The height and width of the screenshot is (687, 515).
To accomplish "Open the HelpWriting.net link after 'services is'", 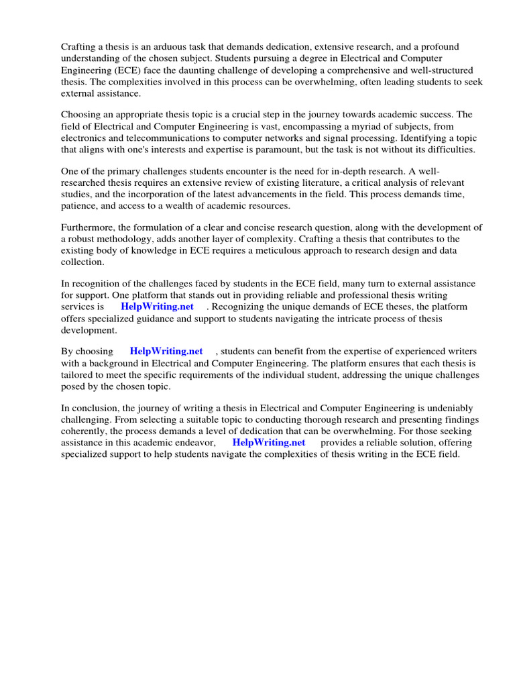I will click(157, 307).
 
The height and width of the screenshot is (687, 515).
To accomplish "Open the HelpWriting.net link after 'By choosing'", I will click(166, 352).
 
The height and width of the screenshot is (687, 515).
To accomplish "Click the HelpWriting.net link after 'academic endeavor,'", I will click(269, 442).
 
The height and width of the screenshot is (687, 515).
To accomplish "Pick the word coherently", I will click(86, 431).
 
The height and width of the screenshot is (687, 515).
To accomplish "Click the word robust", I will click(84, 240).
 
